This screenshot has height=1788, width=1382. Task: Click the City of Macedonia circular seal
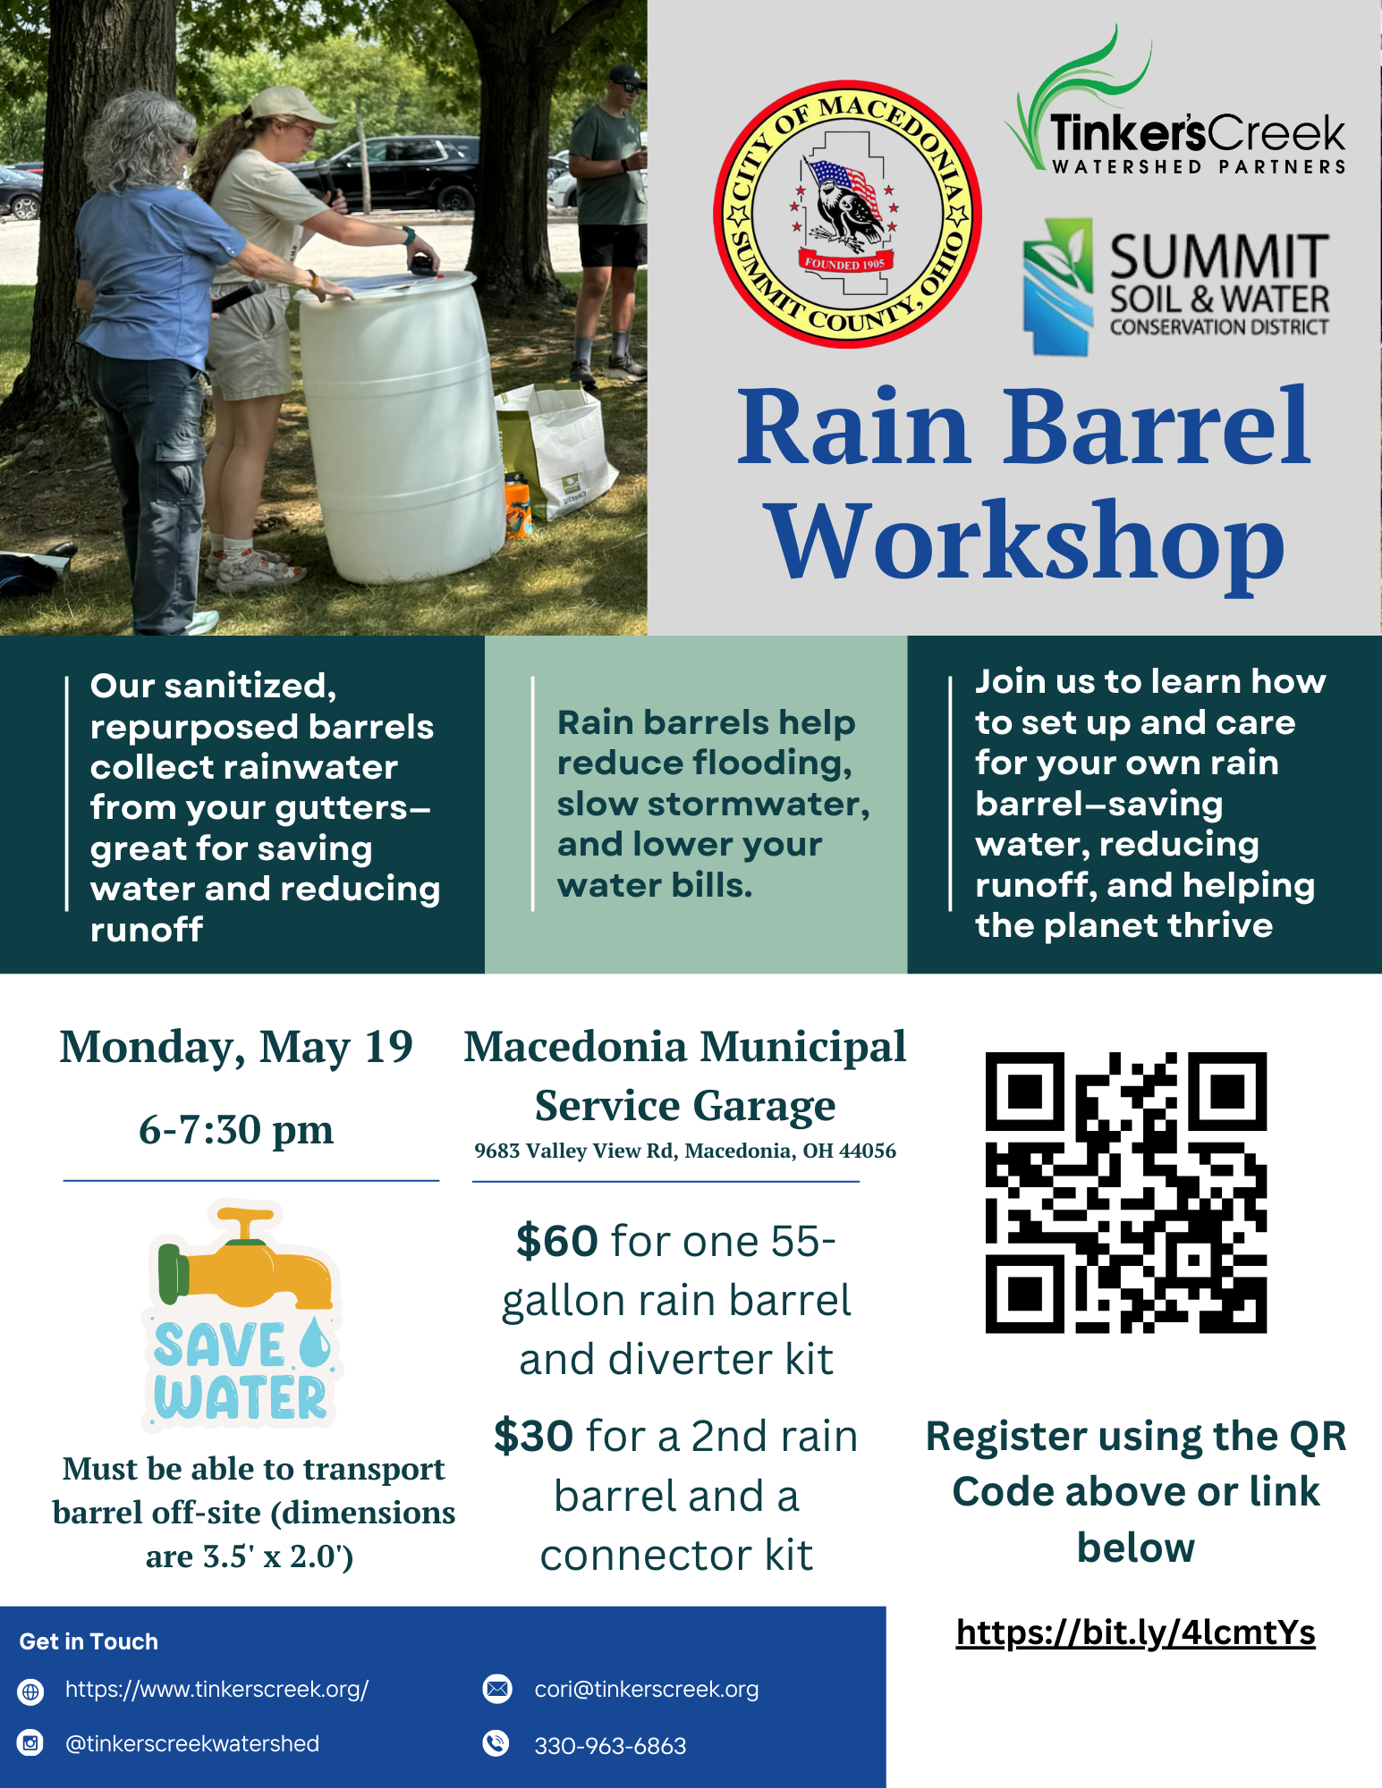[x=847, y=215]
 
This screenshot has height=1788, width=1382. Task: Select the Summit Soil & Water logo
[x=1175, y=287]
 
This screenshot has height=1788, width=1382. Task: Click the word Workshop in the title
[x=1027, y=543]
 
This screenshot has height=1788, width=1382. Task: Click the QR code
[x=1126, y=1193]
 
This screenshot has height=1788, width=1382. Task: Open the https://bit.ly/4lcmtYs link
[x=1135, y=1632]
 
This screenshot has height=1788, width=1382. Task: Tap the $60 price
[x=556, y=1241]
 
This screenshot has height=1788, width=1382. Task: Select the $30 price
[x=534, y=1436]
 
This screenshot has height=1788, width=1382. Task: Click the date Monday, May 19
[x=236, y=1048]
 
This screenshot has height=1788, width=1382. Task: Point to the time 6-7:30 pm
[x=236, y=1129]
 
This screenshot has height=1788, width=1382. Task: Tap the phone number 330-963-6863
[x=610, y=1746]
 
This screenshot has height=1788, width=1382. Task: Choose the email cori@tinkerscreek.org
[x=646, y=1689]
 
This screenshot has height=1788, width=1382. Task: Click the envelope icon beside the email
[x=497, y=1689]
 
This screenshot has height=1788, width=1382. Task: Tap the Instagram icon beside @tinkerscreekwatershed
[x=31, y=1743]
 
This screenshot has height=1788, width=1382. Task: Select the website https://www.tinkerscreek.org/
[x=216, y=1689]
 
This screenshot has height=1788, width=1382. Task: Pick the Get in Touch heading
[x=89, y=1641]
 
